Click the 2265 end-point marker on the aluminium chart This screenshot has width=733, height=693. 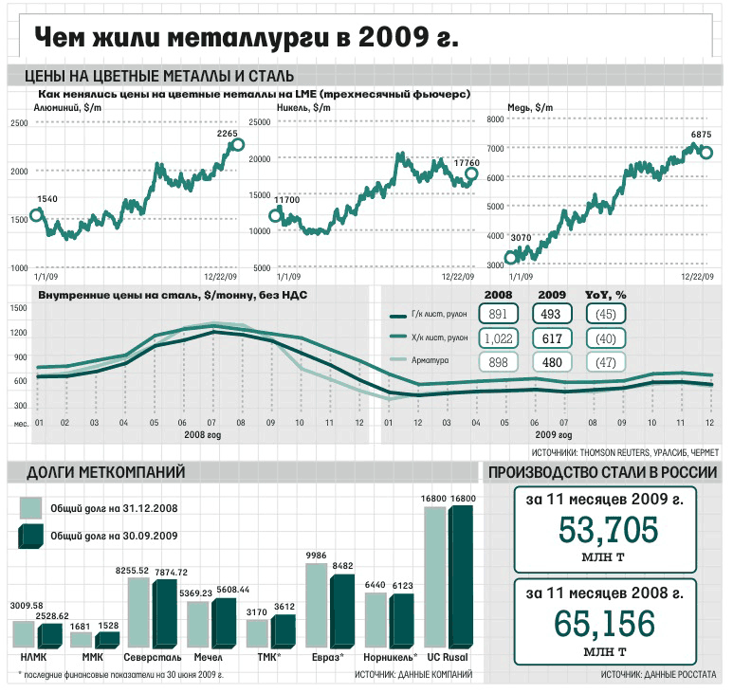point(237,145)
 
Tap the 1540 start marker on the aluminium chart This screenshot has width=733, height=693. point(36,214)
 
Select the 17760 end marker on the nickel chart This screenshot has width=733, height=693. point(471,174)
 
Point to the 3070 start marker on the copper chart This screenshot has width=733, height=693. point(511,256)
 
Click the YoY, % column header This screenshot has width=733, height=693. point(606,294)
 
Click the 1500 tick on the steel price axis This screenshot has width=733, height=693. point(18,308)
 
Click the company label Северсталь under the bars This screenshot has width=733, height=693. point(151,656)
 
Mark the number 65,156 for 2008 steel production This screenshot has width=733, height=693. point(605,624)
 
